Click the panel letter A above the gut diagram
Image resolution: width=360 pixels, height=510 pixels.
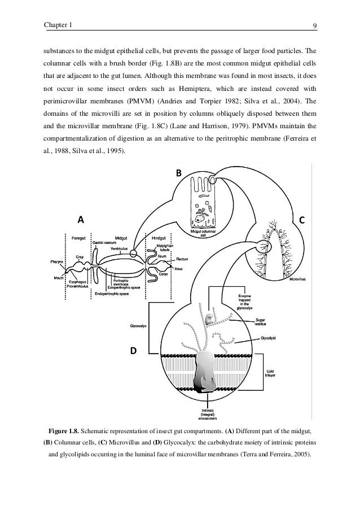(x=81, y=219)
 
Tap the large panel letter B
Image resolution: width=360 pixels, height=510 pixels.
(x=178, y=173)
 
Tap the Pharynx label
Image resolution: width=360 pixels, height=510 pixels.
(x=56, y=261)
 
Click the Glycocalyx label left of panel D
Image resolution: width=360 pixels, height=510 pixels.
(x=138, y=325)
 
